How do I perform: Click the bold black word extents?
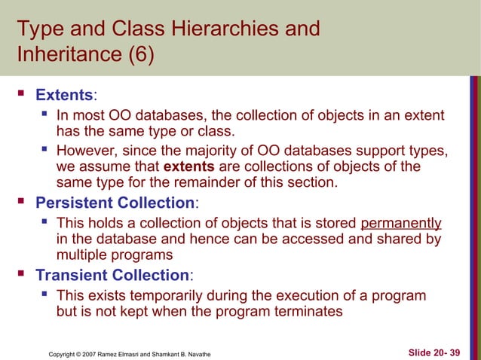pos(188,166)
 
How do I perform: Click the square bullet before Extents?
pos(22,96)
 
